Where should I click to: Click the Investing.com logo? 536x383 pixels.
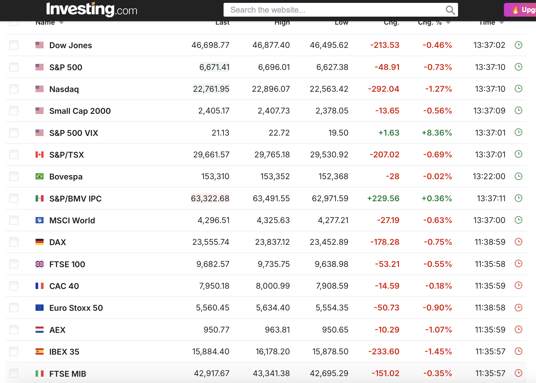[92, 9]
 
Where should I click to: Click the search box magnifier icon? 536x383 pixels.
[450, 10]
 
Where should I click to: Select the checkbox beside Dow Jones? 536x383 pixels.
[14, 45]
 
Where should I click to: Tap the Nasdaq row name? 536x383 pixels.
[64, 89]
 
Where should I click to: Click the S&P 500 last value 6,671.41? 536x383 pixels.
[214, 67]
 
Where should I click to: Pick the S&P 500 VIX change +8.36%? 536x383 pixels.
[437, 133]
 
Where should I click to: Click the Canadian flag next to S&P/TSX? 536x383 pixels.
[40, 155]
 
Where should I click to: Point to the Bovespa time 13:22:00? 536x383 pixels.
[489, 176]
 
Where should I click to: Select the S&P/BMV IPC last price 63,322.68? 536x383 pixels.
[210, 198]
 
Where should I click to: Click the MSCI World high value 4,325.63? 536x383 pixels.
[273, 220]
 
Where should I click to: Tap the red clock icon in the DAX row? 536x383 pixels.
[519, 242]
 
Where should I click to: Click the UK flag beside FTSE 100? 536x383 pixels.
[40, 264]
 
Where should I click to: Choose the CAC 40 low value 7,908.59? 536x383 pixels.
[332, 286]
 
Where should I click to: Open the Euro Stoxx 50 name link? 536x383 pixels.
[76, 308]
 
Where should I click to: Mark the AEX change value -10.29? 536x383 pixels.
[387, 330]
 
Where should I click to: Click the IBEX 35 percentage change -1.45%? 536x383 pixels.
[438, 351]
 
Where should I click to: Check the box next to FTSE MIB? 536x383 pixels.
[14, 373]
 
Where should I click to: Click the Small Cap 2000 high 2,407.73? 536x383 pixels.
[274, 111]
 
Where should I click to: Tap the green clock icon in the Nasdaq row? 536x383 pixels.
[519, 89]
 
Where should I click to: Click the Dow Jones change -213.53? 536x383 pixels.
[385, 45]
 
